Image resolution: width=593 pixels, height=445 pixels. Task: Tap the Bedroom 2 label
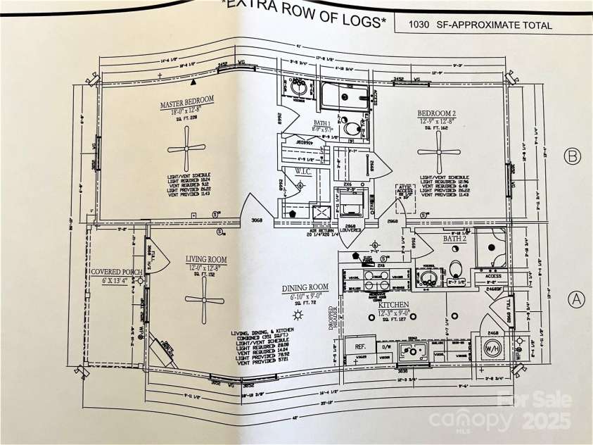pyautogui.click(x=437, y=113)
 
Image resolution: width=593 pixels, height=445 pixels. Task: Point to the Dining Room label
pyautogui.click(x=305, y=287)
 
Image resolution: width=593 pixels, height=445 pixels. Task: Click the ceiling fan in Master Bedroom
pyautogui.click(x=186, y=148)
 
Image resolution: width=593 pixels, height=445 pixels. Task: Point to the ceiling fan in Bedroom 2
pyautogui.click(x=438, y=151)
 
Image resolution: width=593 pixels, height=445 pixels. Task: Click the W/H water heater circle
pyautogui.click(x=492, y=347)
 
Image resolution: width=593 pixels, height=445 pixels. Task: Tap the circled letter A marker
pyautogui.click(x=576, y=299)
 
